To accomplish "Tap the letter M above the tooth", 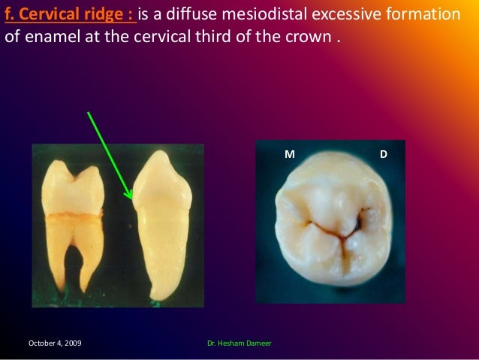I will point(288,154).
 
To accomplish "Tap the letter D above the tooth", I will point(384,154).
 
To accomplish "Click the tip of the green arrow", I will point(132,199).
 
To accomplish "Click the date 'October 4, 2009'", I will point(55,343).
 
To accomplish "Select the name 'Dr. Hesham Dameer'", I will point(239,343).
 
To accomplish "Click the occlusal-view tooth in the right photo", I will point(331,225).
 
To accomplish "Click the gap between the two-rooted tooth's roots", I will point(75,263).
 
